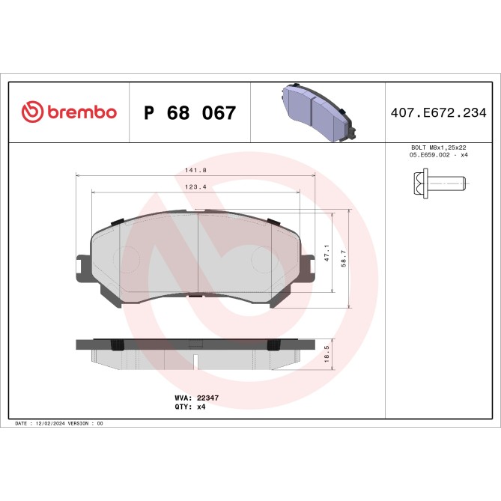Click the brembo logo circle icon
click(32, 112)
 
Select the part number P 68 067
click(189, 113)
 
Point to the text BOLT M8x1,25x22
click(439, 148)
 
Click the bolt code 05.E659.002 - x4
click(439, 154)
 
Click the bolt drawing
click(439, 181)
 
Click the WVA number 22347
click(207, 399)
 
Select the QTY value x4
click(201, 407)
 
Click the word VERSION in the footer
click(79, 423)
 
